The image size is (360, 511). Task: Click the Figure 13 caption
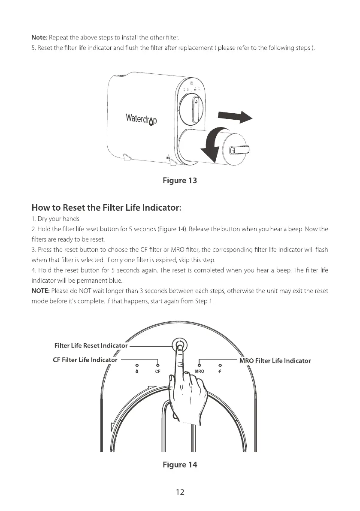pos(180,180)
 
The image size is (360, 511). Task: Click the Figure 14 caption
pos(180,465)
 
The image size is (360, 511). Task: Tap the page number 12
pos(180,492)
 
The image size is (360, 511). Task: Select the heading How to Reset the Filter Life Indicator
pos(107,208)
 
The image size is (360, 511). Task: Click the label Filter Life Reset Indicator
pos(91,345)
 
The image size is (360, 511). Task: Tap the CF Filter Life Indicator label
pos(85,360)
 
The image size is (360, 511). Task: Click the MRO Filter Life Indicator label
pos(275,360)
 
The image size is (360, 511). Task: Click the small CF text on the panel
pos(157,370)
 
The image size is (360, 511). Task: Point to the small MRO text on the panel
pos(199,370)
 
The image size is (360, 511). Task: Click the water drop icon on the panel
pos(137,370)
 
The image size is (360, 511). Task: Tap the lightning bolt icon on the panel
pos(220,370)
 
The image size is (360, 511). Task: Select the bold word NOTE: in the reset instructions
pos(41,291)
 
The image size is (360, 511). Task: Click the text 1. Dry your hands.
pos(53,220)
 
